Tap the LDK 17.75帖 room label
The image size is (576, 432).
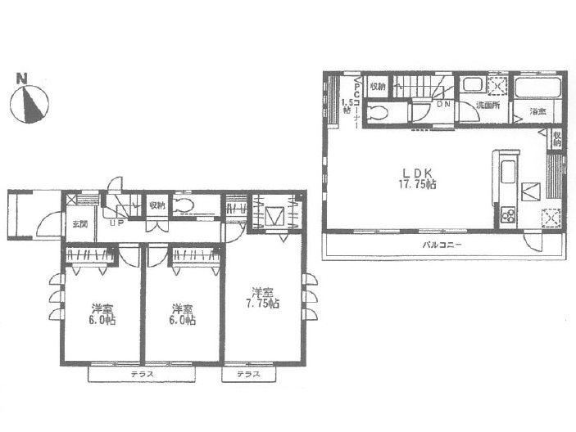(417, 178)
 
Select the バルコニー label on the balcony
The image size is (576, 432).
(442, 245)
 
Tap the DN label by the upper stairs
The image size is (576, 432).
(442, 104)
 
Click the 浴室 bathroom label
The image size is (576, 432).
(537, 111)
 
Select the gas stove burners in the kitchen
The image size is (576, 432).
(506, 216)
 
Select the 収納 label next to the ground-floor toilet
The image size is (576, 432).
(156, 205)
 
